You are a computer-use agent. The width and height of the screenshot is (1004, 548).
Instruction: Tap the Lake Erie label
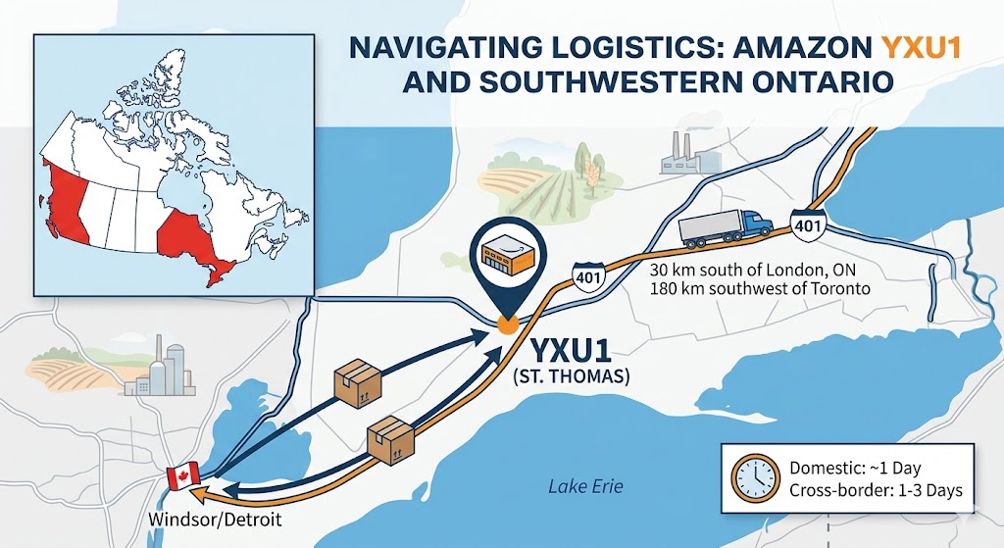[x=584, y=487]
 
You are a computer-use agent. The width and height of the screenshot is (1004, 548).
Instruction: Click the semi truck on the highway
[x=727, y=227]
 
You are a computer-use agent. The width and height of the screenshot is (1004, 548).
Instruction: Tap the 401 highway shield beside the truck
[x=807, y=224]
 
